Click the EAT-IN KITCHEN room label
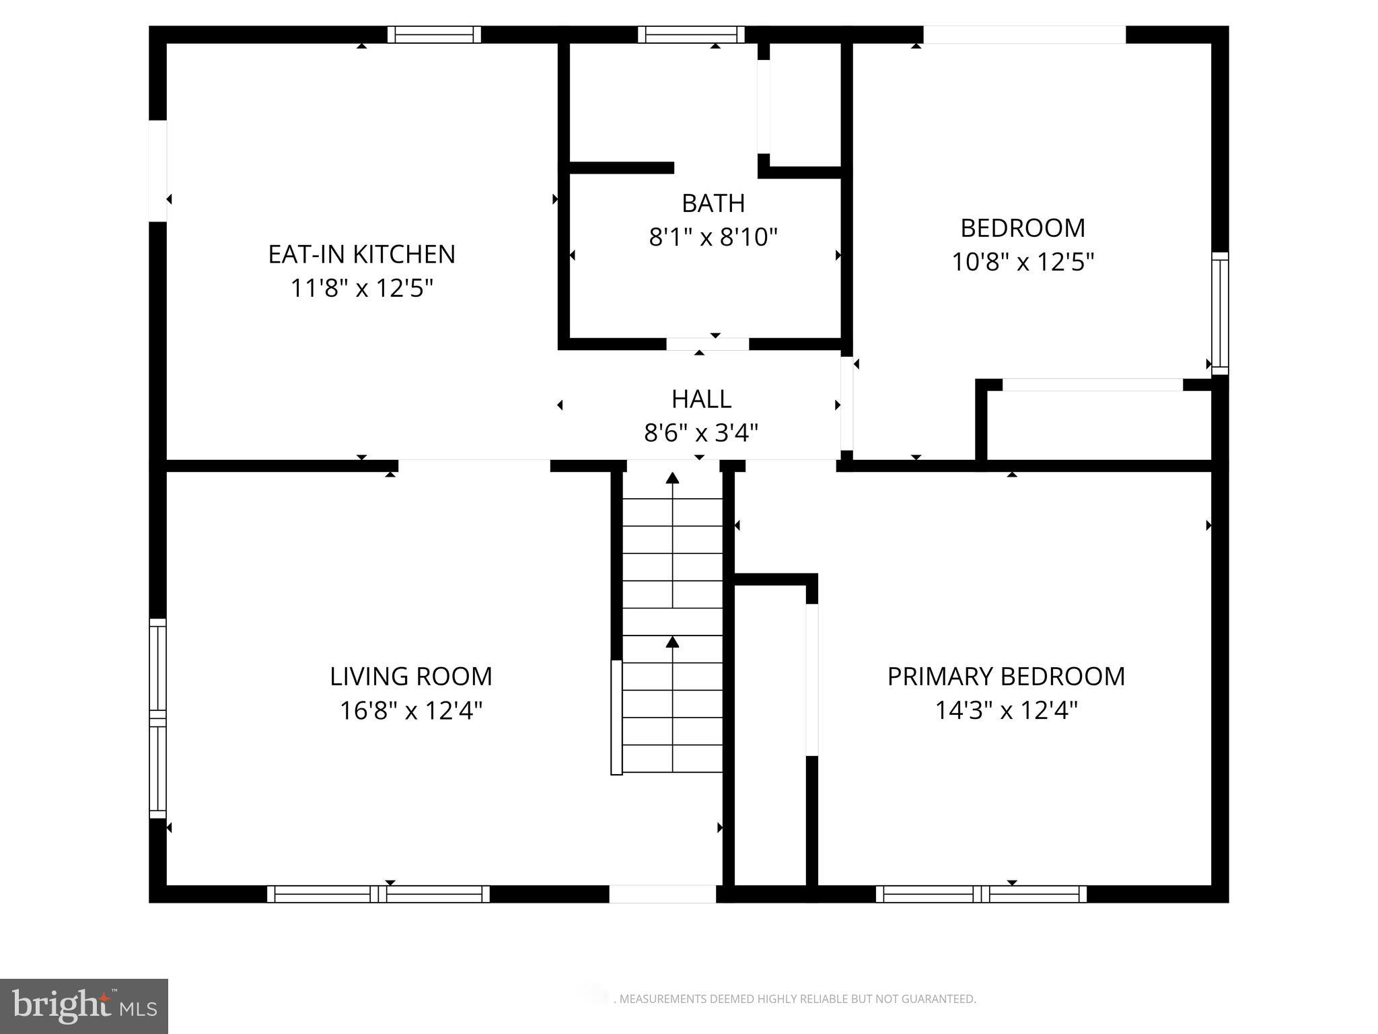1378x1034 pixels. [x=361, y=254]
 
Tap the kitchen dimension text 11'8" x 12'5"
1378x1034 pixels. [x=361, y=289]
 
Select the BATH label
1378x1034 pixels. [x=713, y=203]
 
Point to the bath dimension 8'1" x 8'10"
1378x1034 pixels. [x=713, y=238]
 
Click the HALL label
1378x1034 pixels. [x=701, y=399]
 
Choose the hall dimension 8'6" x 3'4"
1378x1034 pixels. [x=701, y=433]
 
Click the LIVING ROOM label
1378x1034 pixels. [x=410, y=677]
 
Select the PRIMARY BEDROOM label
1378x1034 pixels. [x=1006, y=677]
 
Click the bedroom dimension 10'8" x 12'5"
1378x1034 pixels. [x=1022, y=262]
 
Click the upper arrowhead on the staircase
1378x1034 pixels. [x=672, y=478]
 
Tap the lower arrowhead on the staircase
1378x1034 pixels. [x=672, y=642]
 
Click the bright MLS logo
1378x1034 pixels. [x=84, y=1006]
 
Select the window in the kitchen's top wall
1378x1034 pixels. [x=434, y=34]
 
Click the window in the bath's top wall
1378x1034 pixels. [x=691, y=34]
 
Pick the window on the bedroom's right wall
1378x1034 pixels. [x=1220, y=313]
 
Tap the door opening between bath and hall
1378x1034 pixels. [x=707, y=344]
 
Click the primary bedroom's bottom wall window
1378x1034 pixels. [x=980, y=894]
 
